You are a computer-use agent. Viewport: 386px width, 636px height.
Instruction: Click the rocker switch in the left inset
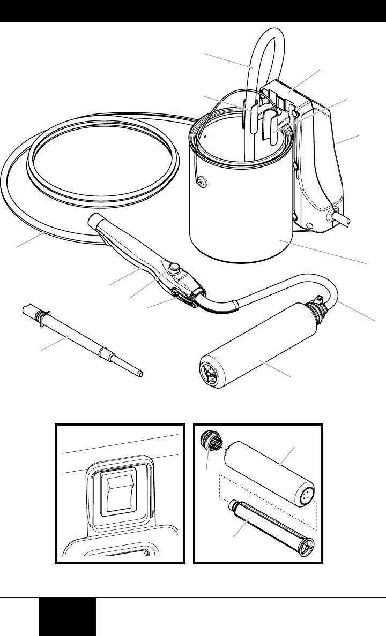pyautogui.click(x=119, y=491)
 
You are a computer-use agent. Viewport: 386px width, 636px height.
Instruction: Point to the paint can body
pyautogui.click(x=241, y=214)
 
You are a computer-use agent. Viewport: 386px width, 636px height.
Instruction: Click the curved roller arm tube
pyautogui.click(x=279, y=286)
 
